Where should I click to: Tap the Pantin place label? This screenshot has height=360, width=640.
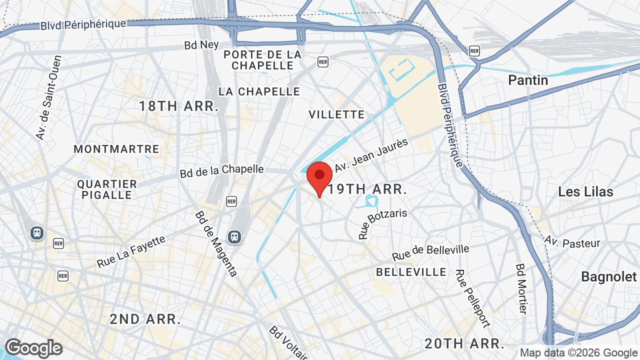click(528, 80)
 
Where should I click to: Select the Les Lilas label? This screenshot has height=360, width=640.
click(585, 191)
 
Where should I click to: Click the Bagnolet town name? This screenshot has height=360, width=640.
click(609, 276)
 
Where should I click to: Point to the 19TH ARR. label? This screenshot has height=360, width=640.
click(366, 189)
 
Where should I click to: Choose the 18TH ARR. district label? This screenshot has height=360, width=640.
click(179, 106)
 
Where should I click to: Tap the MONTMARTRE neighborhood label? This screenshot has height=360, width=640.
click(116, 149)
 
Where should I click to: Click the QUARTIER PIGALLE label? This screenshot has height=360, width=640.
click(107, 189)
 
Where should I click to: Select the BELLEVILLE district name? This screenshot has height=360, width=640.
click(411, 272)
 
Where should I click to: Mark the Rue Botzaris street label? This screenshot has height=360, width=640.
click(382, 224)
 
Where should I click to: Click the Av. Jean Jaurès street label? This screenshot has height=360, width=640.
click(371, 155)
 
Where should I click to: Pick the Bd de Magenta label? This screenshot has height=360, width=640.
click(216, 243)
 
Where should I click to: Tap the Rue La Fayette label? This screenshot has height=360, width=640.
click(131, 251)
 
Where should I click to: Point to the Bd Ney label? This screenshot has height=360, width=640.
click(201, 45)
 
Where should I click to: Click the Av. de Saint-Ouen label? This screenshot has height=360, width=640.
click(48, 97)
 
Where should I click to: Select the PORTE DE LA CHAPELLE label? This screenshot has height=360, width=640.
click(262, 60)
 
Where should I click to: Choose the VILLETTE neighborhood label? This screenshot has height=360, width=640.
click(336, 114)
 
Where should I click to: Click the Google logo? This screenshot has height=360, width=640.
click(33, 348)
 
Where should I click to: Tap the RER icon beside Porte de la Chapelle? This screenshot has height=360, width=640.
click(323, 61)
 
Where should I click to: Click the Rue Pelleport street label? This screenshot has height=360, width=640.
click(471, 299)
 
